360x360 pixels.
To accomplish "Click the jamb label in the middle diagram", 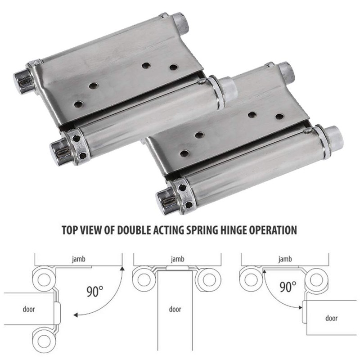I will tap(177, 259).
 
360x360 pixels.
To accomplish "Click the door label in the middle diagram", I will tap(175, 309).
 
